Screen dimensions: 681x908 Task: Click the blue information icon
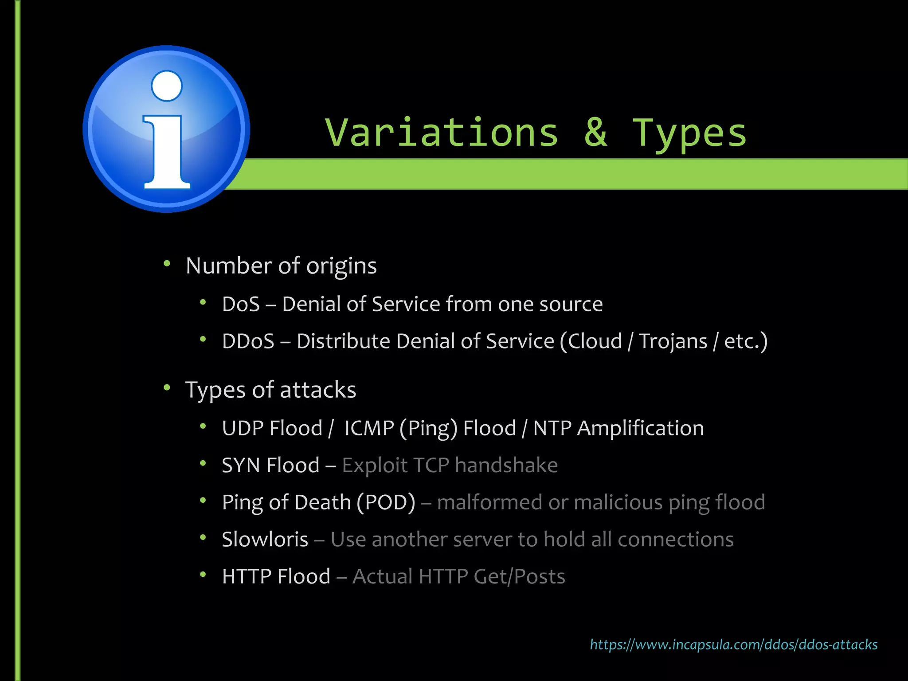(x=166, y=129)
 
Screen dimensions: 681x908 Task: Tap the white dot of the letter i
(x=167, y=86)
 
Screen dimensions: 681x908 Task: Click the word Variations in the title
(x=442, y=133)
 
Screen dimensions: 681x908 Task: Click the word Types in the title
(x=689, y=133)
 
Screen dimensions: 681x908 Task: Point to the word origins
(x=341, y=266)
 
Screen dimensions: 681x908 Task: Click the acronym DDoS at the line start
(x=248, y=341)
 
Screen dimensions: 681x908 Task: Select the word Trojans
(x=673, y=341)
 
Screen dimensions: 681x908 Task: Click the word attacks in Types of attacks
(x=318, y=390)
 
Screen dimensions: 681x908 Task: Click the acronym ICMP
(x=369, y=428)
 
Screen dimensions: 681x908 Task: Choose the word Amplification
(x=640, y=428)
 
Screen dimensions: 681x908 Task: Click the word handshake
(x=506, y=466)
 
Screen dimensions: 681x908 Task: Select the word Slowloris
(x=265, y=540)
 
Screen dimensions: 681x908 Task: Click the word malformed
(x=489, y=502)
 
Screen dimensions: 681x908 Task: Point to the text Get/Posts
(x=519, y=577)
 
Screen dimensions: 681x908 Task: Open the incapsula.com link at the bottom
(x=734, y=644)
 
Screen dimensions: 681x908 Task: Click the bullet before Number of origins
(x=167, y=264)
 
